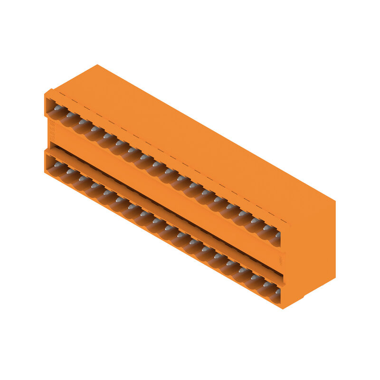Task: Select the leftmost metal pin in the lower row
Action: [58, 164]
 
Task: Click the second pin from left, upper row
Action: [70, 115]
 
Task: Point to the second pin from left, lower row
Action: [70, 171]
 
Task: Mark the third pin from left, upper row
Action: [83, 122]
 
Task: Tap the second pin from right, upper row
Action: [266, 228]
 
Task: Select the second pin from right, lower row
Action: [266, 284]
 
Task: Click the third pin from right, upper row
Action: [254, 221]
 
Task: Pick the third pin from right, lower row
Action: [254, 277]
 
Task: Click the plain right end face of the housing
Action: [311, 247]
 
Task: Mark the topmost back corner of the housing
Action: [97, 65]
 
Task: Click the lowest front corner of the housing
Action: [284, 308]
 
